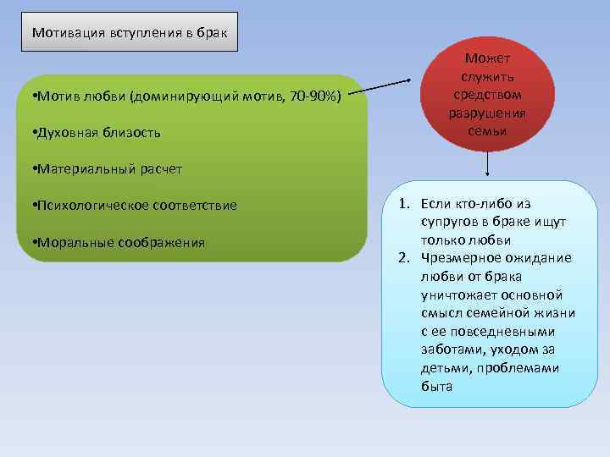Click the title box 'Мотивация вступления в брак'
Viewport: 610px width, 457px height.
point(129,32)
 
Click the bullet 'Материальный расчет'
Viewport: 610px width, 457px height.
point(105,169)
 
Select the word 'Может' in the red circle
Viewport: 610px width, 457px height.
point(487,58)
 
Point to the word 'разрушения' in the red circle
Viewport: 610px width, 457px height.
point(487,113)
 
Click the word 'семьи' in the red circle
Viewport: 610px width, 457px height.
point(487,132)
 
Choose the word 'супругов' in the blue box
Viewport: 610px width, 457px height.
point(448,222)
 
